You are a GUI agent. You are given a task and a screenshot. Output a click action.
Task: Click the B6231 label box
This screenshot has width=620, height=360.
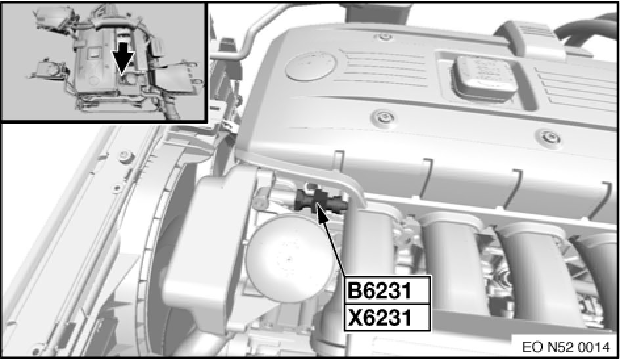pyautogui.click(x=387, y=291)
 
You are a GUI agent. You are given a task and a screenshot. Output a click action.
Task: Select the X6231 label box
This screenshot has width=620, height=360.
pyautogui.click(x=387, y=317)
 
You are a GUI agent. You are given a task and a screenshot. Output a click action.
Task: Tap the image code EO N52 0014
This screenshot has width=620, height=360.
pyautogui.click(x=566, y=347)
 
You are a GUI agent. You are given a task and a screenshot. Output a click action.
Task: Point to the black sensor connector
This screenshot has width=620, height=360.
pyautogui.click(x=321, y=200)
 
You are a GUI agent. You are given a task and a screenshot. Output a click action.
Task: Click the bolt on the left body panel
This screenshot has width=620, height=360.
pyautogui.click(x=125, y=156)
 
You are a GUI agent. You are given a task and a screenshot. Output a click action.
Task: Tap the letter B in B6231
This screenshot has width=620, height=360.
pyautogui.click(x=355, y=291)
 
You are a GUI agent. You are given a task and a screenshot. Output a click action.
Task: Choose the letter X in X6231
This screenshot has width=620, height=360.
pyautogui.click(x=355, y=318)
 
